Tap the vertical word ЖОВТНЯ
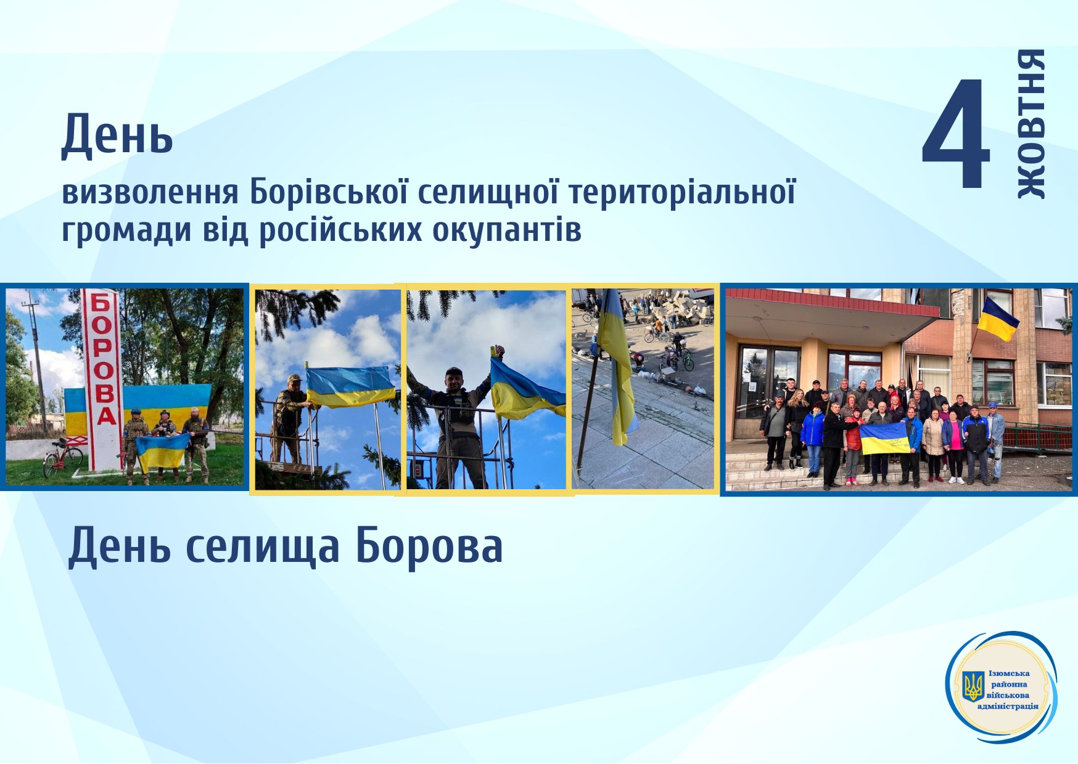pos(1031,124)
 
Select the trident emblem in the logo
pos(973,686)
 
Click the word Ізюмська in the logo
pos(1009,673)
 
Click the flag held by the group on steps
pos(885,438)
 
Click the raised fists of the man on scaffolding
pos(497,352)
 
